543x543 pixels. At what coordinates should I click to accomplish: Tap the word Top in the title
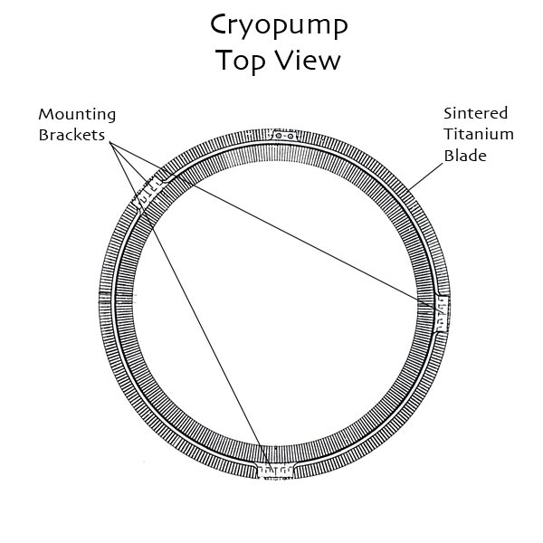(x=241, y=61)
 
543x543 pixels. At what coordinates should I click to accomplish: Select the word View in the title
(x=309, y=60)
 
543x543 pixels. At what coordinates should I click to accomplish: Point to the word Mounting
(x=77, y=115)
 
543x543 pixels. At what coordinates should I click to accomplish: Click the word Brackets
(x=71, y=135)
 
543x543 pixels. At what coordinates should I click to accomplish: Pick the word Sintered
(x=475, y=113)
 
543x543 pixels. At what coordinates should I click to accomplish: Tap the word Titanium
(x=479, y=134)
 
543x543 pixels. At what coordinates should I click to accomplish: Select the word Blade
(x=465, y=155)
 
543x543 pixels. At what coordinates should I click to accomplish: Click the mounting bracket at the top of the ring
(x=284, y=136)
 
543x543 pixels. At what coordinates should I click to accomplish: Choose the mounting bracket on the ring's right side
(x=442, y=314)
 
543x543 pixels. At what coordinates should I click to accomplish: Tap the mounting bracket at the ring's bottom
(x=275, y=472)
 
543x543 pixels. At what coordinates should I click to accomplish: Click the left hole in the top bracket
(x=279, y=136)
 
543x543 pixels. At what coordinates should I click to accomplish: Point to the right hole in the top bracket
(x=291, y=136)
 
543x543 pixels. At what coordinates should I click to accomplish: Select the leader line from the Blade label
(x=425, y=176)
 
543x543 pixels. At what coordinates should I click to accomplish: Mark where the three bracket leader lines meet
(x=110, y=142)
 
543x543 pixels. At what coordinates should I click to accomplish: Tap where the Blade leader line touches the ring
(x=408, y=190)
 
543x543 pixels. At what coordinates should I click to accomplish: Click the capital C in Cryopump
(x=220, y=24)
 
